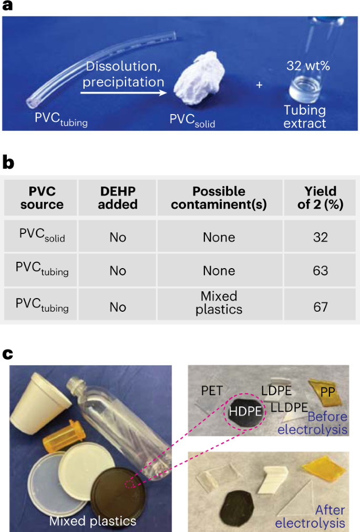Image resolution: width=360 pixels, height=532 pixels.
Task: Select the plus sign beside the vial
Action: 259,84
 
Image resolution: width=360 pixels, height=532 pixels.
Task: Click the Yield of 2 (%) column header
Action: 320,198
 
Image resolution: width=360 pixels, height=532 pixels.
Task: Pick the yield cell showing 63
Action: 320,271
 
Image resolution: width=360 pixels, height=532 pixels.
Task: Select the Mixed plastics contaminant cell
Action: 219,303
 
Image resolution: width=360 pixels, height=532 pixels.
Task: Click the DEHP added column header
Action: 117,198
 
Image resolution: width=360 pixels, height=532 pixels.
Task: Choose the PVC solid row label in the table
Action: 42,236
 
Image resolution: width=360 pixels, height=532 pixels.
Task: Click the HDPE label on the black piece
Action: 244,412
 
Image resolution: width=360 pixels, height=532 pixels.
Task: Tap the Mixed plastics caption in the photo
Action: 93,520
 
